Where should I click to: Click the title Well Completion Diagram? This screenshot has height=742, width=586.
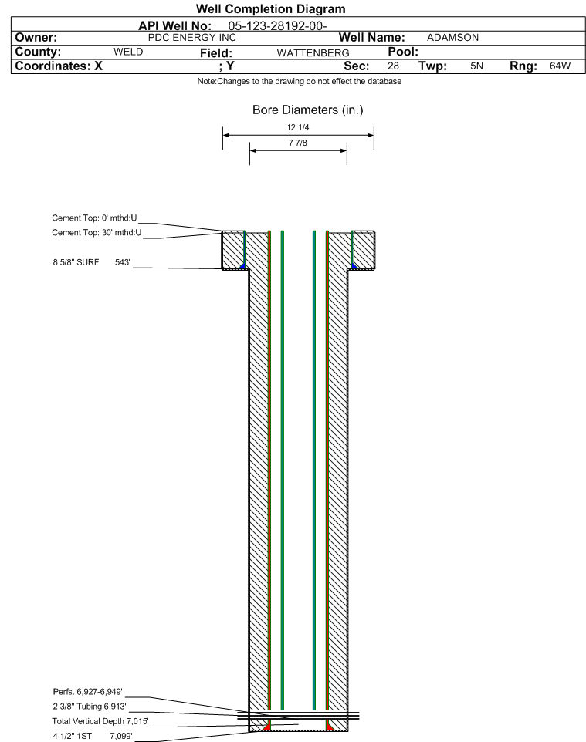pyautogui.click(x=271, y=9)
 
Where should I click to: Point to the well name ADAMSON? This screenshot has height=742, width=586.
pyautogui.click(x=452, y=37)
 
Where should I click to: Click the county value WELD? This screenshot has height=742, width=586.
pyautogui.click(x=128, y=52)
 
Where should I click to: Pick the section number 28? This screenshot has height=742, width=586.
pyautogui.click(x=393, y=66)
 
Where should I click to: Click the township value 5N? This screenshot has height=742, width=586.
pyautogui.click(x=476, y=66)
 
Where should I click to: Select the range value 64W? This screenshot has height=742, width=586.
pyautogui.click(x=560, y=66)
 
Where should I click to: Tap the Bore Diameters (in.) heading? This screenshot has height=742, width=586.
pyautogui.click(x=307, y=110)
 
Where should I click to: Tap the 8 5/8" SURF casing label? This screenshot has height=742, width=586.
pyautogui.click(x=76, y=263)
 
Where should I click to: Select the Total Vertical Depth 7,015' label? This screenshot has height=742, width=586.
pyautogui.click(x=100, y=721)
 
